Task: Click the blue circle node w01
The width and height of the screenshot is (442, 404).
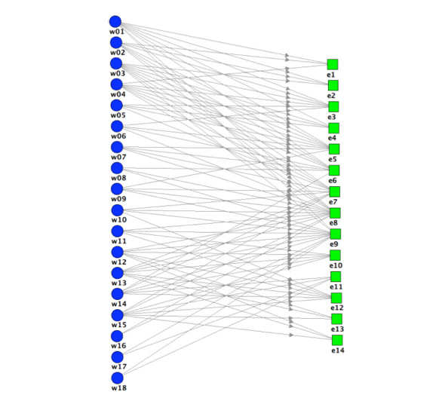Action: (x=115, y=22)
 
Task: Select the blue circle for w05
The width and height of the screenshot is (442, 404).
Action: (x=116, y=106)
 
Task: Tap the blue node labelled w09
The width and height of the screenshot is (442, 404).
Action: (x=117, y=189)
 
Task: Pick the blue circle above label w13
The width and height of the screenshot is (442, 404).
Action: (x=118, y=273)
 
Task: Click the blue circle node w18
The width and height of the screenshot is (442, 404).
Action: (x=118, y=378)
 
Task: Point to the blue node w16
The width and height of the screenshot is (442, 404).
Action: (x=117, y=336)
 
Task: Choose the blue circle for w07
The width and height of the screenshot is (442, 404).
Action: (x=117, y=147)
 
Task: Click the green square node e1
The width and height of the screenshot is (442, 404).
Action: (x=333, y=64)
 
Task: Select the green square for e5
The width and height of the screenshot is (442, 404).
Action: (x=334, y=149)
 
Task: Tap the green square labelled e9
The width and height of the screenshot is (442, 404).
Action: (x=335, y=234)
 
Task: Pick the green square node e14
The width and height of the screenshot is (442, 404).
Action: (x=337, y=340)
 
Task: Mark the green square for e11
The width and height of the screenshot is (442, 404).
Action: (x=336, y=277)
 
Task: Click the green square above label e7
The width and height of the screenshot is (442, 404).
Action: (x=335, y=191)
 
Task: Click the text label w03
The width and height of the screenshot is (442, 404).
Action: (x=118, y=74)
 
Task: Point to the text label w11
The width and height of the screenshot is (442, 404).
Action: (x=119, y=241)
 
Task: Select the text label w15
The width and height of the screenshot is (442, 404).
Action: (x=119, y=325)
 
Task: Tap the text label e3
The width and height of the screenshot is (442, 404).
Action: (x=332, y=117)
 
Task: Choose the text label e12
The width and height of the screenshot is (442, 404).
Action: (x=337, y=308)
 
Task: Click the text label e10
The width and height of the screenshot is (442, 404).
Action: (x=336, y=265)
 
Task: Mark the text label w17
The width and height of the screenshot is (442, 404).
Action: (x=119, y=367)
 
